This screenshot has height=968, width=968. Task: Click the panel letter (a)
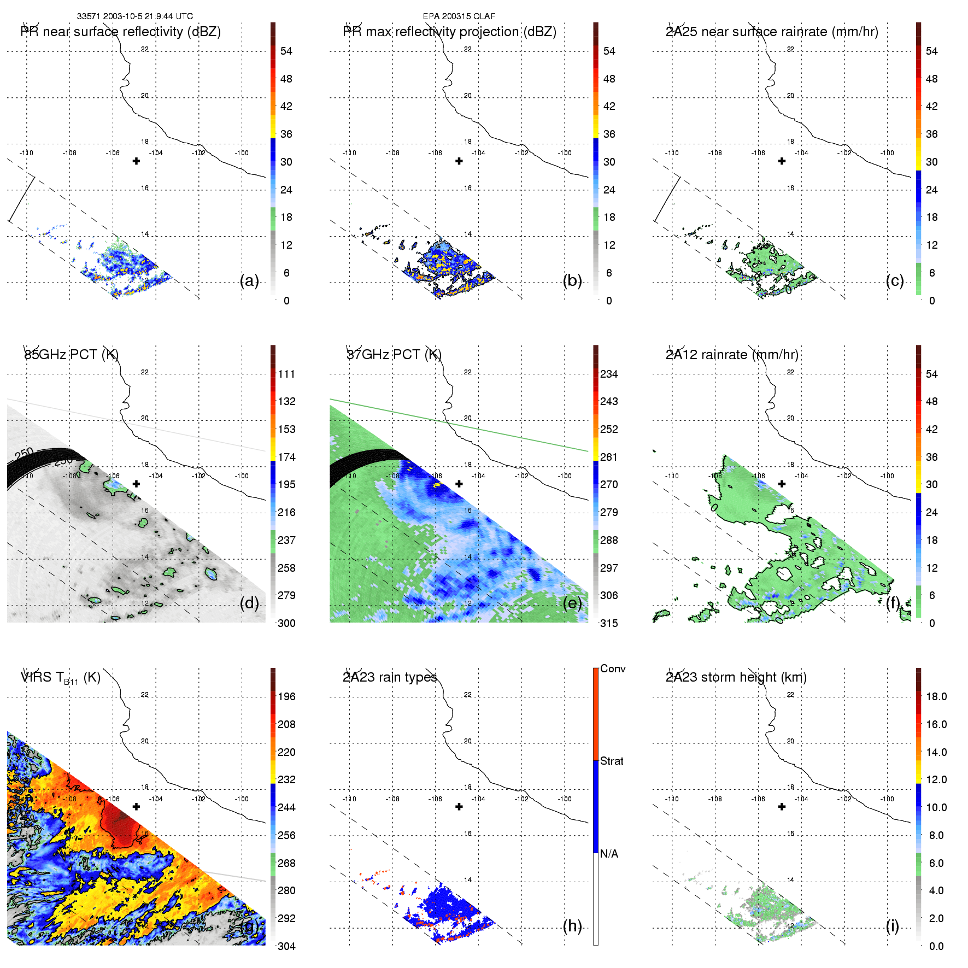[x=249, y=281]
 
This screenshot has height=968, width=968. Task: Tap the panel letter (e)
[x=572, y=603]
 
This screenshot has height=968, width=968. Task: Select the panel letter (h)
[x=572, y=926]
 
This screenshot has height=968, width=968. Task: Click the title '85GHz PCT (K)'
[x=71, y=355]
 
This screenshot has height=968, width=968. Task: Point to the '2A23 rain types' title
[x=390, y=677]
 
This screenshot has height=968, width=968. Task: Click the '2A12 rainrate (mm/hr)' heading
[x=732, y=355]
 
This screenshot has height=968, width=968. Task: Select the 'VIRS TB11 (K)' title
[x=60, y=678]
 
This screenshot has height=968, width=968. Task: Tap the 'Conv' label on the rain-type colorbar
[x=613, y=668]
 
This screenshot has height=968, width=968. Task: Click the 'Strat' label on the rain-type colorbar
[x=612, y=761]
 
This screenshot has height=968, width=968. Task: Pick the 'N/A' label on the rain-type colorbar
[x=609, y=854]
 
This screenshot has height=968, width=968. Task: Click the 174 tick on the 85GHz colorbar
[x=286, y=457]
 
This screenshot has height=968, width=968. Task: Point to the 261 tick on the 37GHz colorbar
[x=609, y=457]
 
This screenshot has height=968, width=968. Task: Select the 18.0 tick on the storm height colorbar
[x=936, y=696]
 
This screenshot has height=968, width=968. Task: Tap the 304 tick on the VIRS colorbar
[x=286, y=946]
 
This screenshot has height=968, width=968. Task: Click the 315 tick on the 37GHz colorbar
[x=609, y=623]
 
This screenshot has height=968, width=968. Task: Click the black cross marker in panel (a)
[x=136, y=161]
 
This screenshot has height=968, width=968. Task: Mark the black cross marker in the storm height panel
[x=782, y=806]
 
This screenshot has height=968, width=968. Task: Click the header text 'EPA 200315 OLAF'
[x=459, y=16]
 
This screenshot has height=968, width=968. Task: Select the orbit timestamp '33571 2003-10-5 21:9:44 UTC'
[x=134, y=16]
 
